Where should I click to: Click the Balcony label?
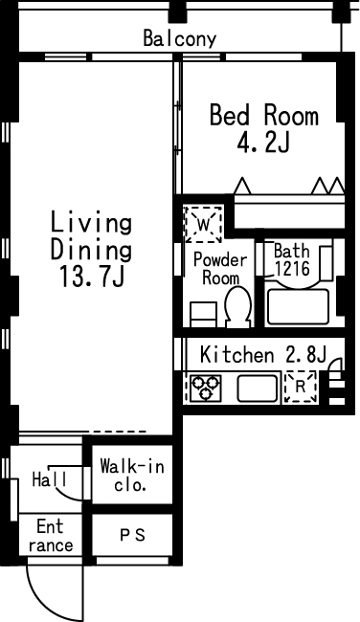[180, 38]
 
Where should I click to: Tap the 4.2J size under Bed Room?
[263, 143]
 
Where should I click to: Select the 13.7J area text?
[92, 276]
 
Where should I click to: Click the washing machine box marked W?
[203, 225]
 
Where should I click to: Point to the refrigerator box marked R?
[301, 387]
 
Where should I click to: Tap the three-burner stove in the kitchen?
[206, 388]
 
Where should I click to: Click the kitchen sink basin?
[258, 388]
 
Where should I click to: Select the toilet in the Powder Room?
[238, 306]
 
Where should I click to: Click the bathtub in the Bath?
[299, 306]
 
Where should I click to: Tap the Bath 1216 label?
[292, 260]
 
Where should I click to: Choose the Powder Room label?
[220, 269]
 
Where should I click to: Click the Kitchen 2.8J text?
[263, 354]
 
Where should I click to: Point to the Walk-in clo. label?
[132, 475]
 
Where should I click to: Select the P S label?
[133, 536]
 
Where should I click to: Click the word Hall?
[50, 480]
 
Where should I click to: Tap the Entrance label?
[51, 536]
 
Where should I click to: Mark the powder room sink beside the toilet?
[203, 315]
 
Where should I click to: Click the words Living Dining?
[91, 236]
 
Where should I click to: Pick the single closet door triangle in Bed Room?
[242, 186]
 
